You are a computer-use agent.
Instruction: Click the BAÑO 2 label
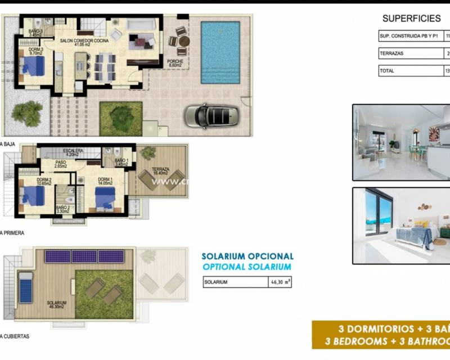coord(63,209)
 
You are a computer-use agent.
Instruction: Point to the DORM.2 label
coord(28,181)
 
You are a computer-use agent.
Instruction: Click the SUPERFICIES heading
coord(411,18)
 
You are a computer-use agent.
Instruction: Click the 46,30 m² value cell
coord(280,282)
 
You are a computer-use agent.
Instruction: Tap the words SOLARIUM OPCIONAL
coord(247,256)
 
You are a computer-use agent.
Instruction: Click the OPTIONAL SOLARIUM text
coord(247,267)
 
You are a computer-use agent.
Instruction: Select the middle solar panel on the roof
coord(84,256)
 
